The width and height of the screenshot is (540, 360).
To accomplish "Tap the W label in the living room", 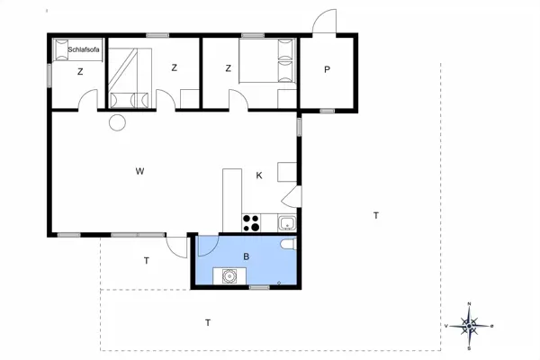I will [140, 171].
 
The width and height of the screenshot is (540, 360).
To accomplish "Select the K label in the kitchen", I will [259, 175].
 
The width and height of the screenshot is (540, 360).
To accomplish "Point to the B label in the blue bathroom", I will [245, 257].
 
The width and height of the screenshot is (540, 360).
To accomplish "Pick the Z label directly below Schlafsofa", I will [80, 71].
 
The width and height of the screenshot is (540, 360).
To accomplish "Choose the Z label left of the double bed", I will [229, 68].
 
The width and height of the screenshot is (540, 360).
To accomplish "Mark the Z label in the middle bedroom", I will [174, 68].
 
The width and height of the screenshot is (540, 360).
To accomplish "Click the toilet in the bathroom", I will [286, 247].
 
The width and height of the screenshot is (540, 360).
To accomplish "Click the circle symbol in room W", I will [117, 122].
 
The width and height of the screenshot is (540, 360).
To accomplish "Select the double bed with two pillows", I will [267, 63].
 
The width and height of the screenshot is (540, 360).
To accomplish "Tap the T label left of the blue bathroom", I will [146, 261].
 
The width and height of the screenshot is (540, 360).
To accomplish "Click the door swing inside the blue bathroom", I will [206, 245].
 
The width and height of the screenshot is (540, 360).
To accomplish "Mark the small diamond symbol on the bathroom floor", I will [280, 283].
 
